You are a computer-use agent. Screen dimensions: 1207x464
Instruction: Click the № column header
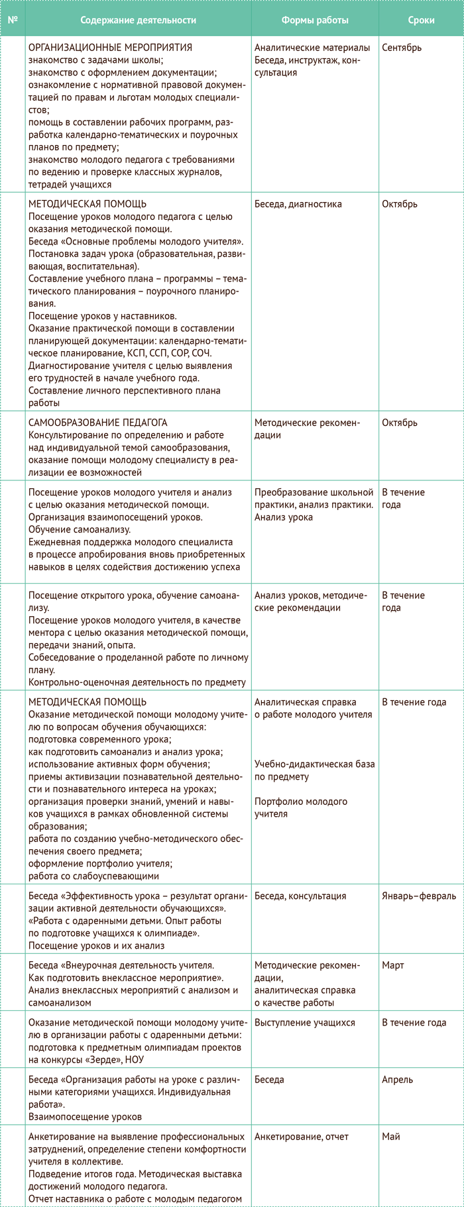(12, 20)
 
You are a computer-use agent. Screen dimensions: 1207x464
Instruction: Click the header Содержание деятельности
(138, 20)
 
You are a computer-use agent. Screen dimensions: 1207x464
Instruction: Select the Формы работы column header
(314, 20)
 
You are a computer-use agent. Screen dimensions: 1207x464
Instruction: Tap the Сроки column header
(421, 20)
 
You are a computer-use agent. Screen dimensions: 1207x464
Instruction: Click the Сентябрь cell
(402, 48)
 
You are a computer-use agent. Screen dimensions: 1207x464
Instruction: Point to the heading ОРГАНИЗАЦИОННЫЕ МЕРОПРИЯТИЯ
(111, 48)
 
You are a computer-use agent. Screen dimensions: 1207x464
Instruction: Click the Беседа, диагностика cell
(298, 204)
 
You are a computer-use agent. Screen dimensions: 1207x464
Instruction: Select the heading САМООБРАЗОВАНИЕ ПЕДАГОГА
(98, 423)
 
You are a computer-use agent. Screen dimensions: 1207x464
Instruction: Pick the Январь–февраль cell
(419, 896)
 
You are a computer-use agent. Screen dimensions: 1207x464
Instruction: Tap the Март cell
(393, 965)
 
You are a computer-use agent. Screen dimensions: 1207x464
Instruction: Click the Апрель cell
(398, 1079)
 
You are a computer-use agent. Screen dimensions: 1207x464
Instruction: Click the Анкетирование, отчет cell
(302, 1136)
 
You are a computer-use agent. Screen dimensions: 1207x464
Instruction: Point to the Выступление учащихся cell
(305, 1022)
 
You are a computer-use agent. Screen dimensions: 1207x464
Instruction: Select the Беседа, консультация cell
(300, 896)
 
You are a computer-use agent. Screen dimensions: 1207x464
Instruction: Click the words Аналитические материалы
(312, 48)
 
